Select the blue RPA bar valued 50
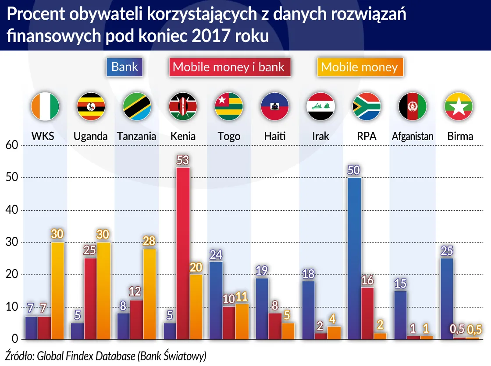(354, 258)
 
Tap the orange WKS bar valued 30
(57, 291)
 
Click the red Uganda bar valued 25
(90, 299)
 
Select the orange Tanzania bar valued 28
(149, 294)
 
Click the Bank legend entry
(125, 67)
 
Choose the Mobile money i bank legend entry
(228, 67)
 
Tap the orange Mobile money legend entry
(359, 67)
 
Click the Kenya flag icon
(183, 106)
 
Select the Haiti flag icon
(274, 106)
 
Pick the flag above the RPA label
(366, 106)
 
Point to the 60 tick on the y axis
(11, 145)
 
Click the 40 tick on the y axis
(11, 210)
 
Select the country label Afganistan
(413, 136)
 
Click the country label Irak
(320, 136)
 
